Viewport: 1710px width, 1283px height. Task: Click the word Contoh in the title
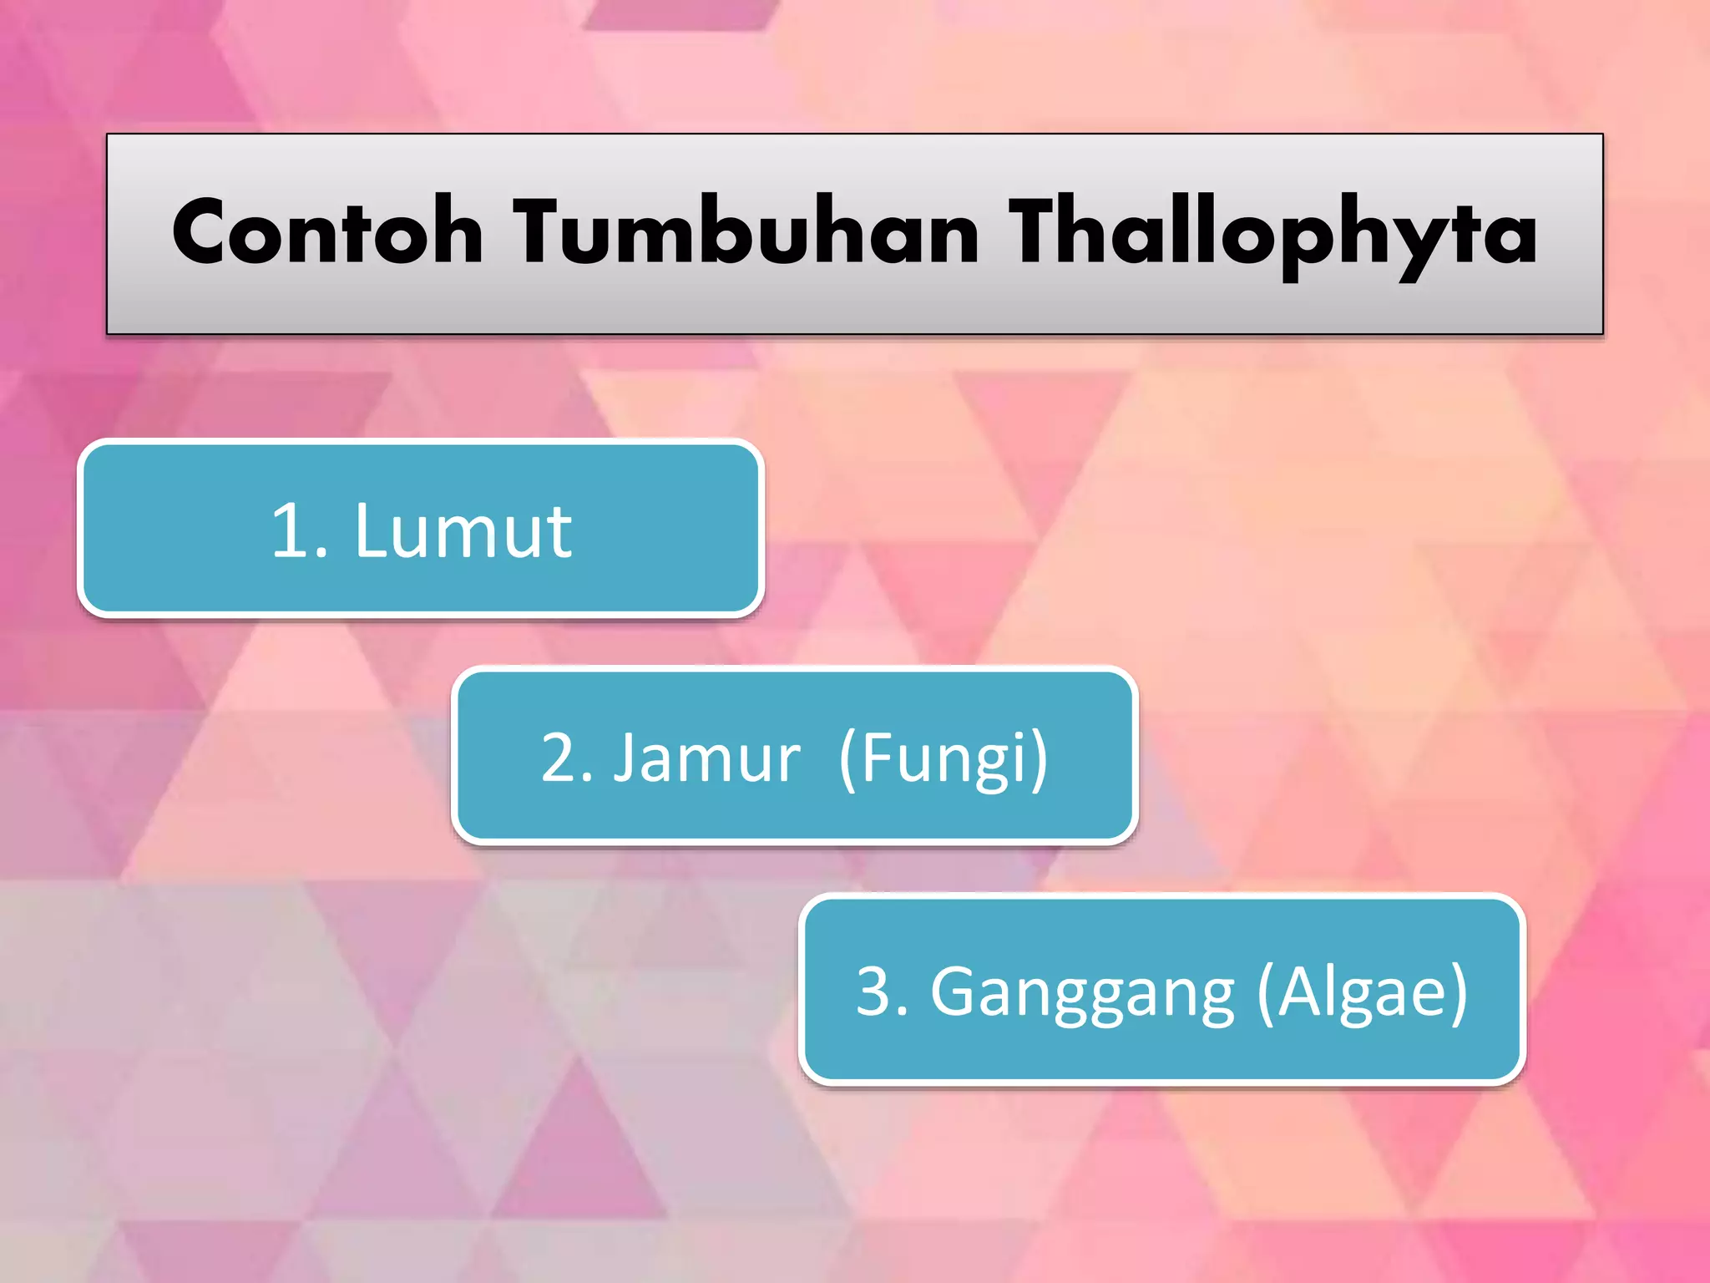[327, 233]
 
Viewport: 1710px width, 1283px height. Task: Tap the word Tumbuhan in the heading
[746, 233]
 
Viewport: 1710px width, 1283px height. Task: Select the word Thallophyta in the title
[1272, 233]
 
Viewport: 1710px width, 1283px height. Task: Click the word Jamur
[707, 758]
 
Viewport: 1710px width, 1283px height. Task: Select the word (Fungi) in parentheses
[944, 758]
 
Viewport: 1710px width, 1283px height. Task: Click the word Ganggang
[1082, 992]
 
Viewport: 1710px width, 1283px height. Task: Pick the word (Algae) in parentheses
[1362, 992]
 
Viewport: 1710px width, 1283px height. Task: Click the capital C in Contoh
[203, 233]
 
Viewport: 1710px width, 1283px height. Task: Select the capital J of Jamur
[625, 758]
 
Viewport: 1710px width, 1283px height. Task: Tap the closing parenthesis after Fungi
[1038, 758]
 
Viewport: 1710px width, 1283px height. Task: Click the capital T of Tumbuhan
[542, 233]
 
